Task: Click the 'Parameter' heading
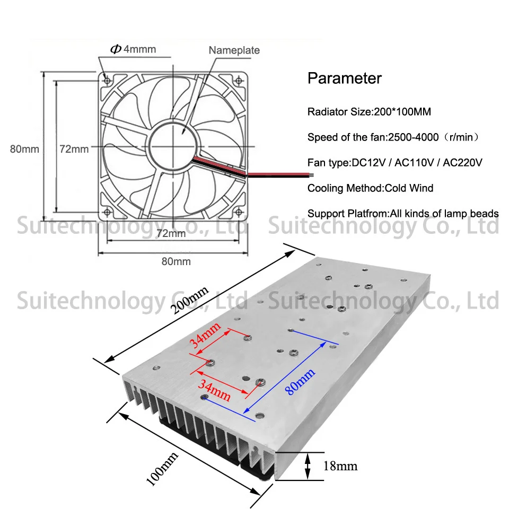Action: coord(345,78)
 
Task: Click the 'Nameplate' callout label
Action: coord(234,50)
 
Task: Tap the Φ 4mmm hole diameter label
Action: coord(133,49)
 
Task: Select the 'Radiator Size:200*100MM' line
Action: coord(369,112)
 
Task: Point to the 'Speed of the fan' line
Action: coord(393,137)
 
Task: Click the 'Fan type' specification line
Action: coord(394,162)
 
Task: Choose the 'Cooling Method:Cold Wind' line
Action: coord(371,188)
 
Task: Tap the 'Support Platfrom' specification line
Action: coord(403,213)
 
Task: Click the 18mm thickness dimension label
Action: coord(340,466)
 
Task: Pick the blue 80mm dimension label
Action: coord(300,381)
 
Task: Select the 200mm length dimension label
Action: coord(190,300)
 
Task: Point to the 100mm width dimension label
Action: coord(162,469)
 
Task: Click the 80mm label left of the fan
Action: coord(24,149)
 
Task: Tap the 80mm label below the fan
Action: coord(176,261)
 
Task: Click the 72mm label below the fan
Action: coord(171,233)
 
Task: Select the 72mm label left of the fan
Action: coord(74,149)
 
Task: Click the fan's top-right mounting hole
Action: coord(239,81)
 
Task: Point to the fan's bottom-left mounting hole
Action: coord(107,212)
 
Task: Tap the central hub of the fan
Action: coord(173,145)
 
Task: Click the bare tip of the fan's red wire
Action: coord(311,175)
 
